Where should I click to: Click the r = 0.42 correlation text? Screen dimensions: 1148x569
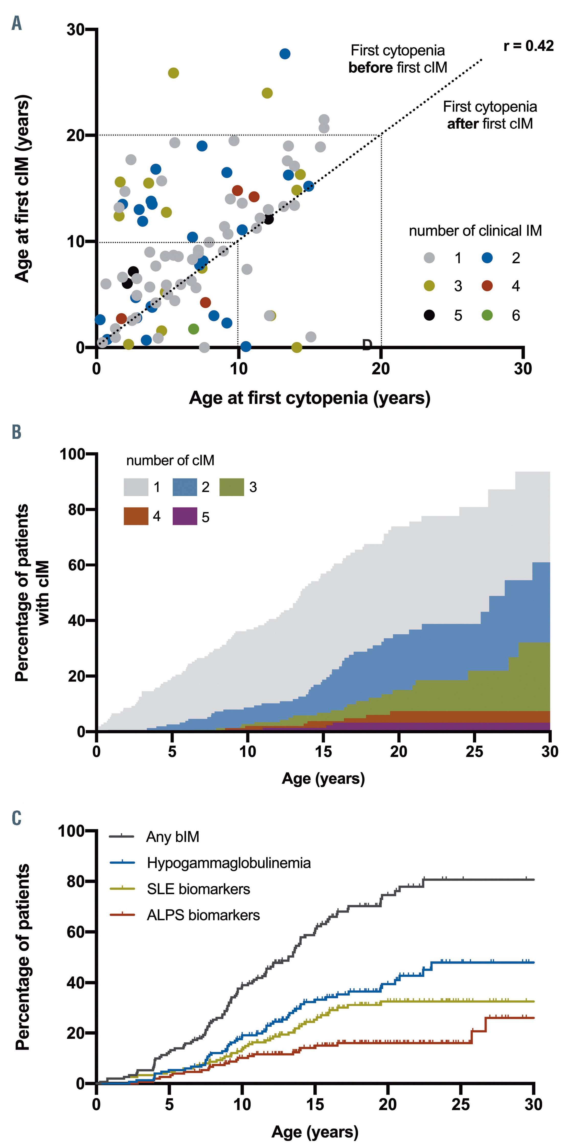click(x=528, y=46)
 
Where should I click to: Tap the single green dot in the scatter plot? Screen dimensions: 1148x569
click(x=194, y=329)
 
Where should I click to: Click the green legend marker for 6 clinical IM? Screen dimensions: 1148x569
click(x=487, y=315)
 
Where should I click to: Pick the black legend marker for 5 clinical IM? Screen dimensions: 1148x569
click(x=429, y=315)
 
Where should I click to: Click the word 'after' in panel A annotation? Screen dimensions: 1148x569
click(x=463, y=124)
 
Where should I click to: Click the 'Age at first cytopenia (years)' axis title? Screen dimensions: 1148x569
click(x=310, y=397)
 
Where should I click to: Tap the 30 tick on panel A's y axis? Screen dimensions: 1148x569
click(x=76, y=29)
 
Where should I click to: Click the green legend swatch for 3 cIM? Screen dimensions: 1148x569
click(x=232, y=487)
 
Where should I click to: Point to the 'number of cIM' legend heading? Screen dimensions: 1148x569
click(x=170, y=460)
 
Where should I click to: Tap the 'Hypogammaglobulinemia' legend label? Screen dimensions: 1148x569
click(x=229, y=863)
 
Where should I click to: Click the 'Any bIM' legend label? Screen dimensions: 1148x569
click(x=173, y=837)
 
